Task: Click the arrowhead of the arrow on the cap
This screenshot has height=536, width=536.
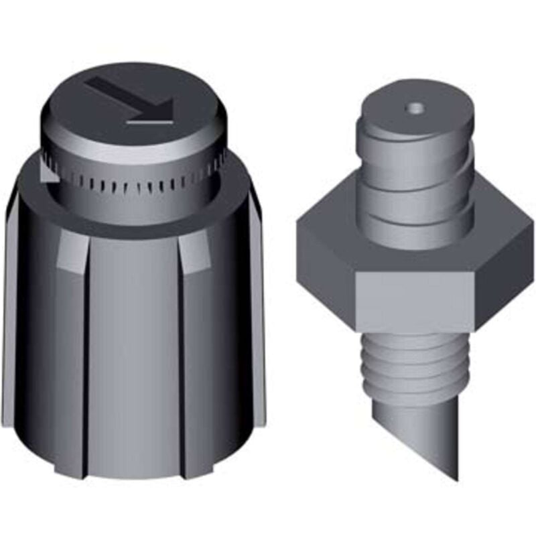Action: tap(161, 107)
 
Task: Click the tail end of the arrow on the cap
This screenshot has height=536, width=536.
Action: tap(92, 82)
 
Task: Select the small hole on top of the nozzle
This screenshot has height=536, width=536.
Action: tap(416, 107)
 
